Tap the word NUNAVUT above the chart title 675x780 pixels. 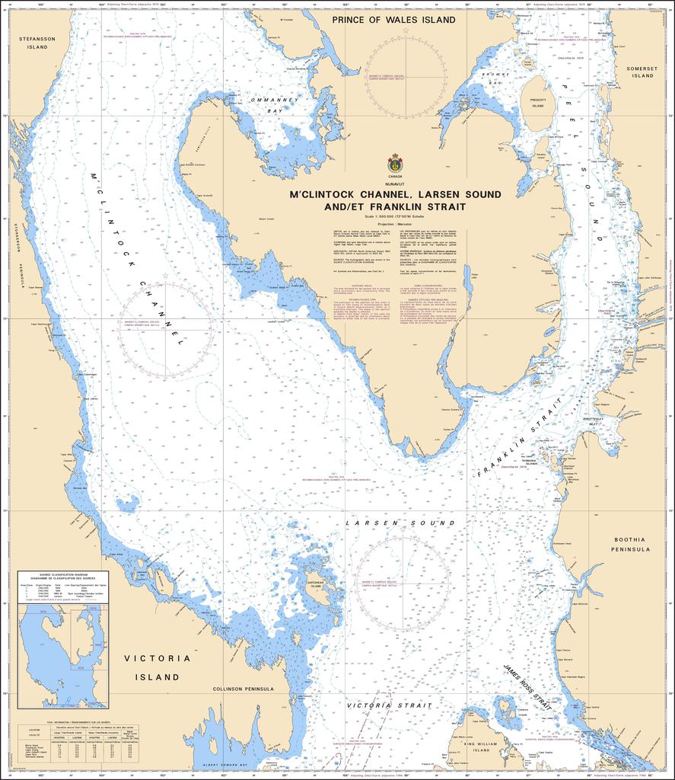pos(395,184)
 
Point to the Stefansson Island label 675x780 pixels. pos(33,42)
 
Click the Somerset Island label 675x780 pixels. pos(642,72)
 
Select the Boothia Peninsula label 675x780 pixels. pos(632,544)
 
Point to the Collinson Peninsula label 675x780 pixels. pos(243,689)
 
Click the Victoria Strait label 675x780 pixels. pos(379,705)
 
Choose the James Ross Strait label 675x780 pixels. pos(527,689)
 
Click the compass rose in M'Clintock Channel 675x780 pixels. pos(165,329)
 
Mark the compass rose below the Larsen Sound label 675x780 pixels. pos(402,583)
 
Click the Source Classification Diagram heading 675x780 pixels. pos(63,577)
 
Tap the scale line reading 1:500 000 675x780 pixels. pos(395,216)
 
